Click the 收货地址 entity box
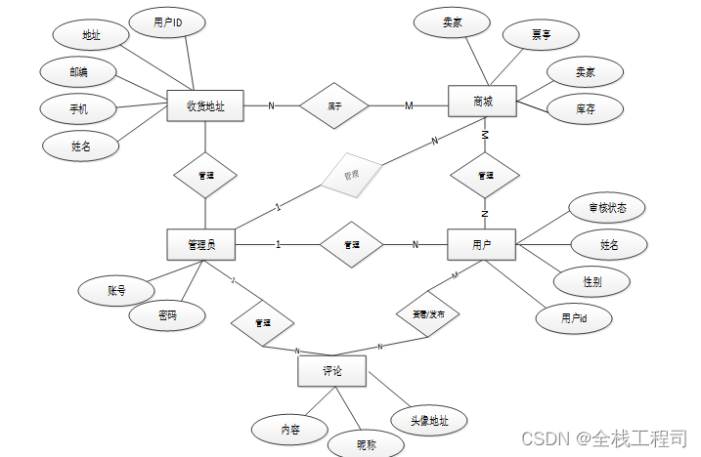tap(204, 105)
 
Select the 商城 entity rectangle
tap(481, 102)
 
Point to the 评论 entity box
tap(331, 372)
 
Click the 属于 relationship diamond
tap(334, 105)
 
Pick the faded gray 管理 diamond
tap(351, 176)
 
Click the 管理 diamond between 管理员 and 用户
tap(351, 245)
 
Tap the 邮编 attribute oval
tap(78, 71)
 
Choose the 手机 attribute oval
tap(78, 108)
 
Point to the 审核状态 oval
tap(606, 208)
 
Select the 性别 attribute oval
tap(591, 281)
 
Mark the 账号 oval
tap(116, 290)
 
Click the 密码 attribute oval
tap(168, 315)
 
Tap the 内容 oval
tap(290, 428)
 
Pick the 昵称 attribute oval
tap(366, 444)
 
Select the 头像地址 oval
tap(429, 420)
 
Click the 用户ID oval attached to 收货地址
tap(168, 23)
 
